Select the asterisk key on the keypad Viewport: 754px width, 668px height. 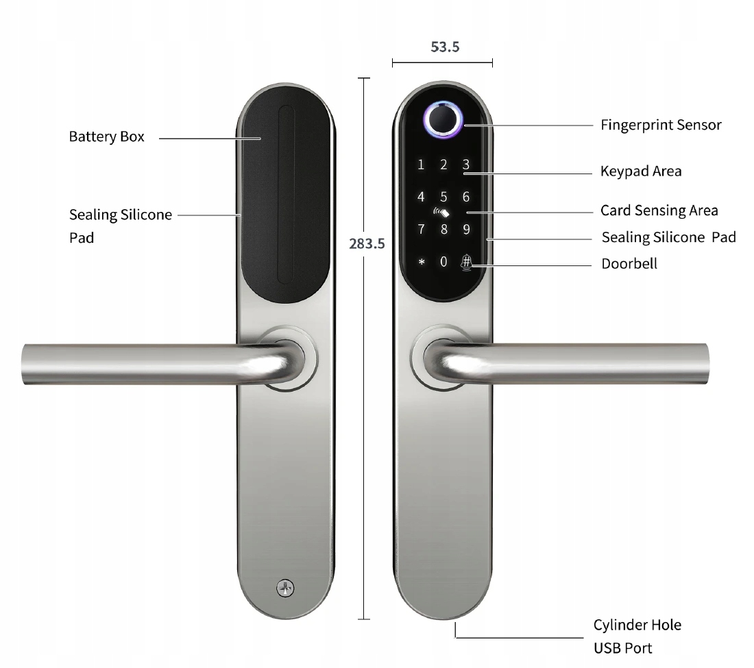pos(422,262)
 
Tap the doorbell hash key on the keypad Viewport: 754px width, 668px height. pos(466,261)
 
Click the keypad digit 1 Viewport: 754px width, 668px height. pos(422,165)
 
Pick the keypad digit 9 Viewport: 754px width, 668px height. pos(466,229)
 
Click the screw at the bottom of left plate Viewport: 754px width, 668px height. pos(284,588)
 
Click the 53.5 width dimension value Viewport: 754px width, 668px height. pos(445,47)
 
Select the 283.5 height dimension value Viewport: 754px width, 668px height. pos(367,243)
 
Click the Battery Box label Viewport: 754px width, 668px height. pos(106,136)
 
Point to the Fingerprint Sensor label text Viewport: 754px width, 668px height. pos(661,125)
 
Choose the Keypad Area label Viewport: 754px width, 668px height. pos(641,171)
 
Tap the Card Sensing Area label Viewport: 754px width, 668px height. pos(659,210)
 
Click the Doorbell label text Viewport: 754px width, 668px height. pos(629,263)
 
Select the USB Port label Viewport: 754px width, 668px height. pos(622,647)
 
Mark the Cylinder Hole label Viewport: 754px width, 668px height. pos(637,625)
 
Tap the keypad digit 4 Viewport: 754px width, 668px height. pos(422,198)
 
